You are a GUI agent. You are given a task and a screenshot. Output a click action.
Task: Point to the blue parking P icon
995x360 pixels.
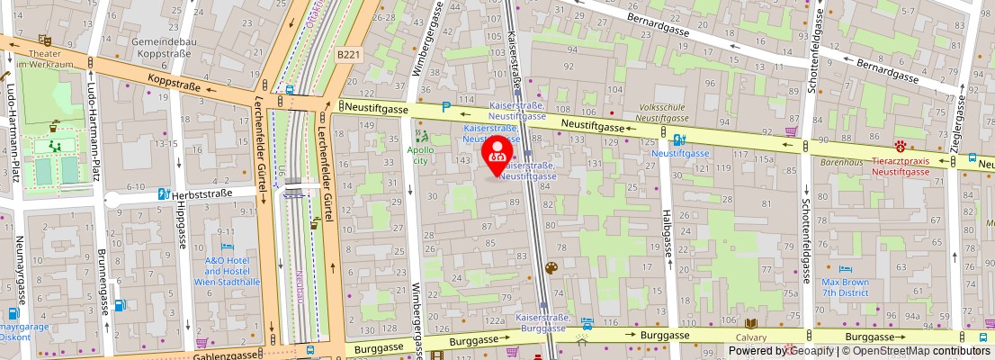pyautogui.click(x=446, y=108)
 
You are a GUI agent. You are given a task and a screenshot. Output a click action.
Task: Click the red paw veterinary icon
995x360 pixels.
pyautogui.click(x=900, y=145)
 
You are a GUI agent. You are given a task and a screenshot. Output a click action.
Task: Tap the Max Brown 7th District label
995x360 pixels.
pyautogui.click(x=845, y=287)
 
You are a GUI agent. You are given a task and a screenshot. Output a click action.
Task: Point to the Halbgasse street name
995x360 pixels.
pyautogui.click(x=668, y=233)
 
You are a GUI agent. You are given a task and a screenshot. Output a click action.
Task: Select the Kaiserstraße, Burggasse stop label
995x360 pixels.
pyautogui.click(x=542, y=323)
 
